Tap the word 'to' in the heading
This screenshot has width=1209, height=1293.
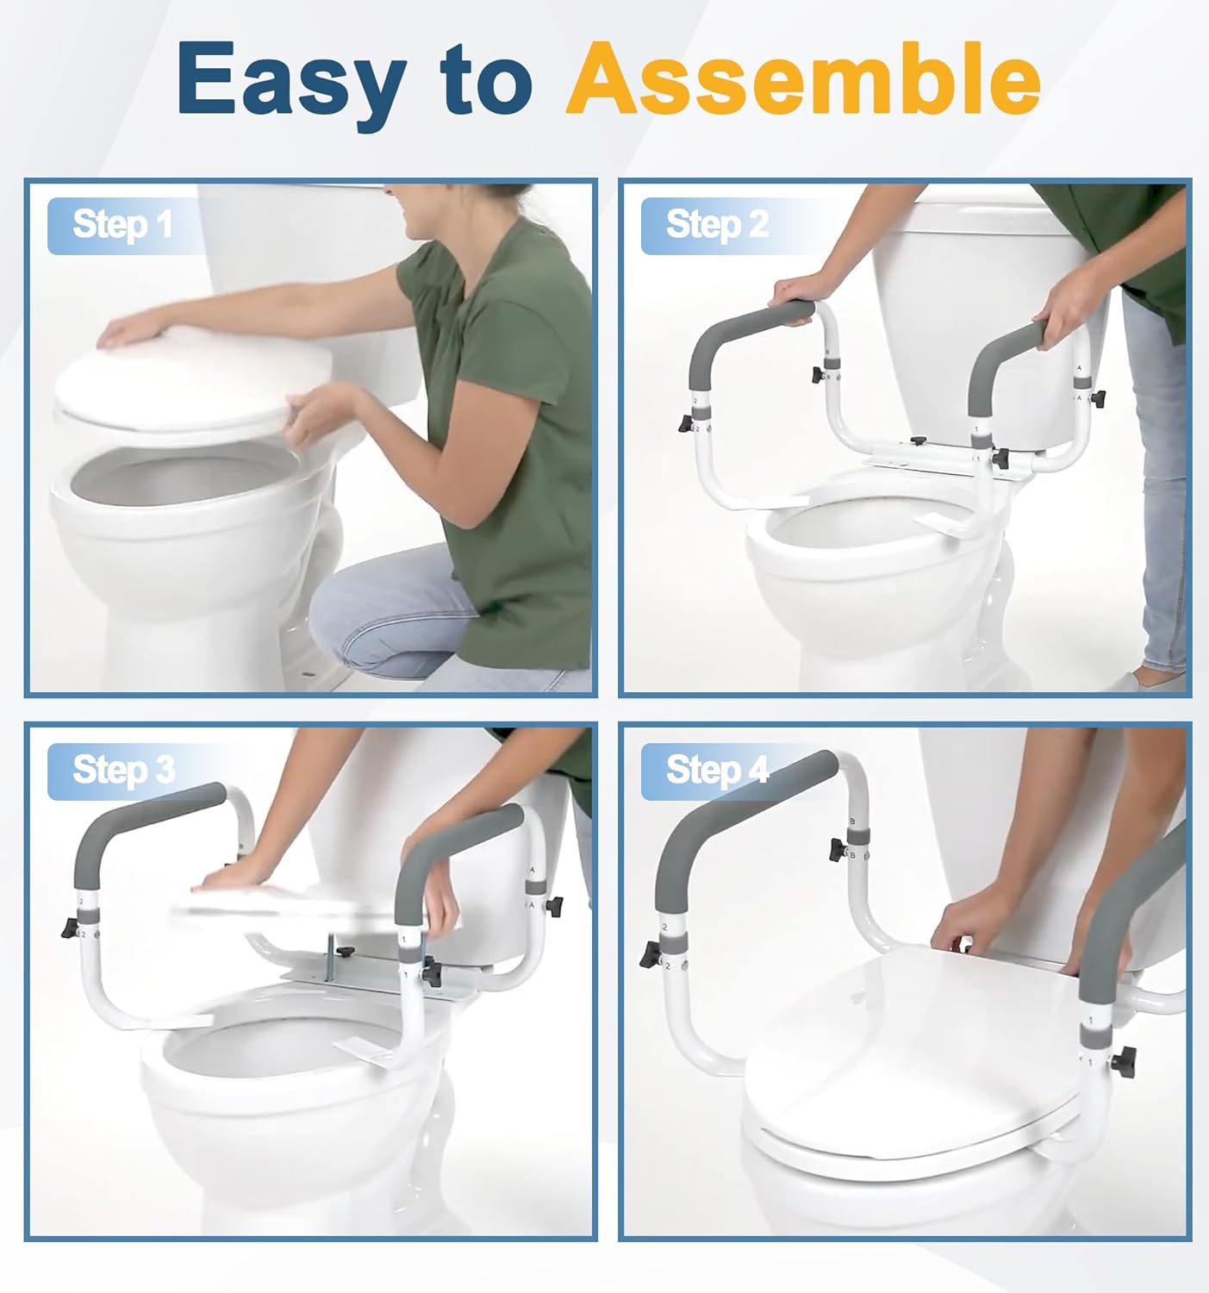click(x=487, y=79)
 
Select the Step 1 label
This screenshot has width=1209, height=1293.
click(x=122, y=225)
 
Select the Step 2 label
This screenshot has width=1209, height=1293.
click(x=717, y=225)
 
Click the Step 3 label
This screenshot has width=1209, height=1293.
click(x=124, y=771)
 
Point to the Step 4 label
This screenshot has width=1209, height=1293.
click(x=717, y=771)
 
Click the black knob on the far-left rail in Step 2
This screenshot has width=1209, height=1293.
click(x=686, y=424)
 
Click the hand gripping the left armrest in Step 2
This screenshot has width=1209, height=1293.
click(x=795, y=294)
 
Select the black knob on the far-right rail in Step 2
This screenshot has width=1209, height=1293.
click(x=1099, y=397)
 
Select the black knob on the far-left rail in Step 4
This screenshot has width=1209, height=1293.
click(x=650, y=954)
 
